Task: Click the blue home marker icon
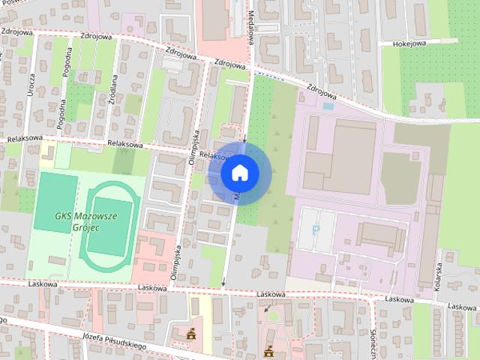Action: [239, 172]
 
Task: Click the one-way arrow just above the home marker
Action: [244, 137]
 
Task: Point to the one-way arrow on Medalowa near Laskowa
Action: [223, 282]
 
